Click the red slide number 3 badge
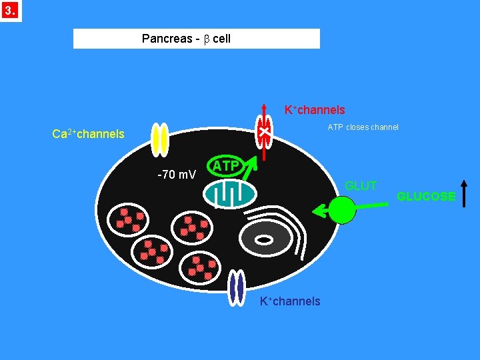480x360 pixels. coord(11,11)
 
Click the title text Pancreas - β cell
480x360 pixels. coord(186,39)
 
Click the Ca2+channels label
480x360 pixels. coord(88,134)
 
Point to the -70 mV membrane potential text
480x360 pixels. coord(176,175)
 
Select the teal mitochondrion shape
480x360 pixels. coord(230,193)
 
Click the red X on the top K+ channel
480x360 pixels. coord(264,134)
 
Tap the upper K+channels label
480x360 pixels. coord(315,110)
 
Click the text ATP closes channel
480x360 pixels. coord(363,127)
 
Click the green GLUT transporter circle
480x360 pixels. coord(343,209)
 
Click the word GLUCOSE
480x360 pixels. coord(426,197)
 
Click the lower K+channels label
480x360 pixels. coord(290,301)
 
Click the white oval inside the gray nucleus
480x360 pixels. coord(265,239)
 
